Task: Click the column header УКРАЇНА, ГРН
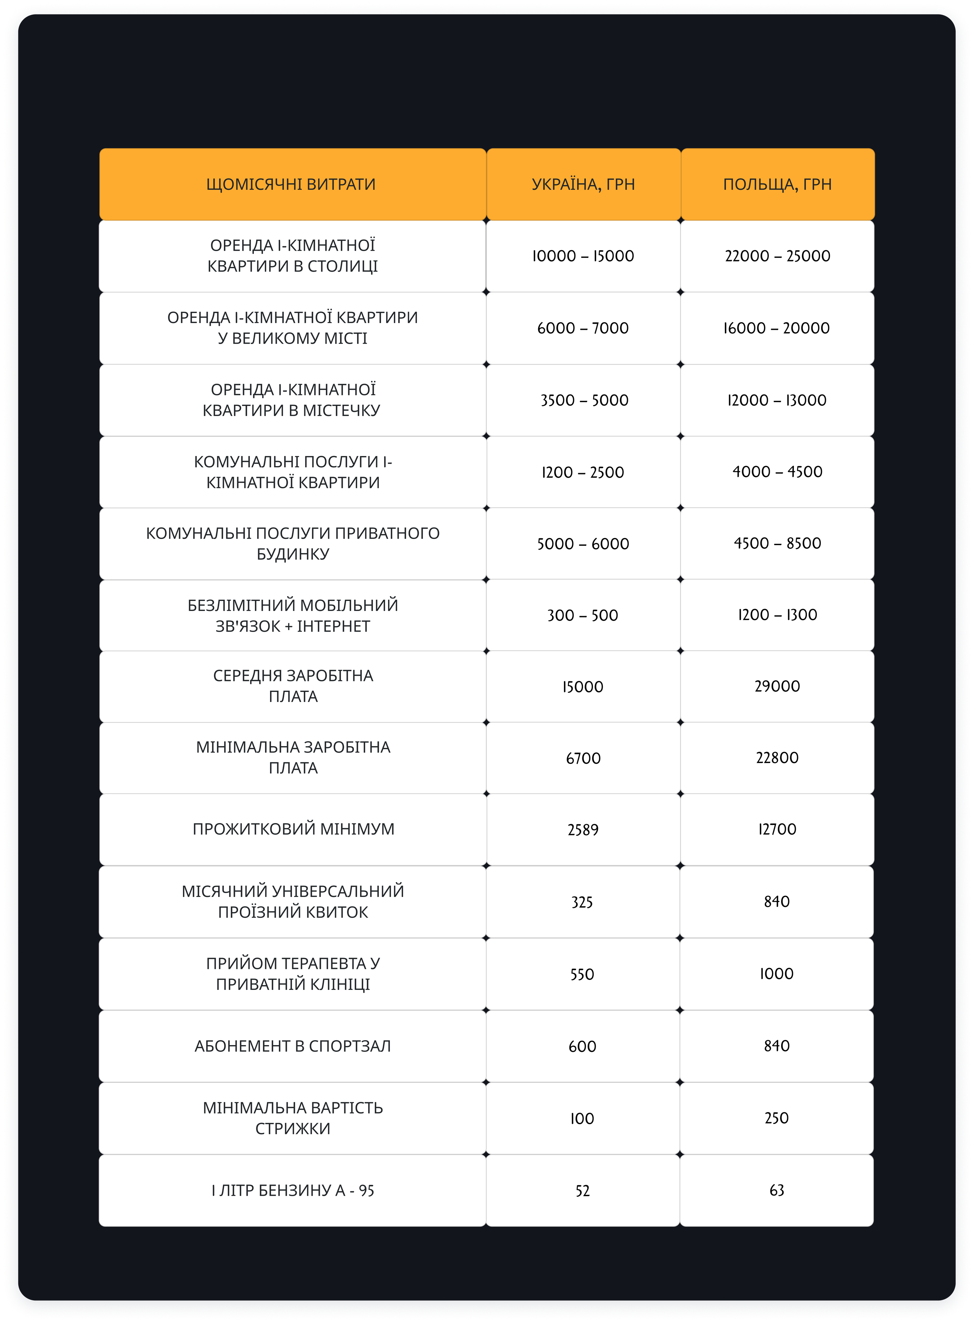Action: [x=583, y=184]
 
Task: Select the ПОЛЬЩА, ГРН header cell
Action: [x=777, y=184]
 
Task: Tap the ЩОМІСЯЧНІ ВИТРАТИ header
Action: [x=291, y=184]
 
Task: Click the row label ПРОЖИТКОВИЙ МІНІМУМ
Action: [x=293, y=829]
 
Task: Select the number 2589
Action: [x=583, y=829]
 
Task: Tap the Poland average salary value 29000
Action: [x=777, y=686]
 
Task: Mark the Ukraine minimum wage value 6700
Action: [x=583, y=758]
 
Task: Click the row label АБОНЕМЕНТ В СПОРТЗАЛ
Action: [x=293, y=1046]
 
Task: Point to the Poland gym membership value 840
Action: [x=777, y=1046]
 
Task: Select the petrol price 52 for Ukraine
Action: [x=583, y=1191]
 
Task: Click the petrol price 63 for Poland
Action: [x=777, y=1190]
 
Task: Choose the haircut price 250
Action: [x=777, y=1118]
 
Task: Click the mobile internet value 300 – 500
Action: [x=583, y=615]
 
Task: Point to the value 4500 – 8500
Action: [x=777, y=543]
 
